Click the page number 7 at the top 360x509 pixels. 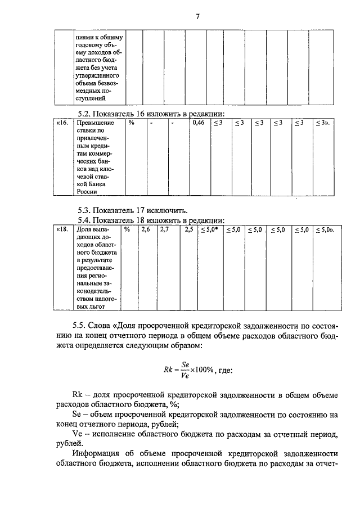pos(197,16)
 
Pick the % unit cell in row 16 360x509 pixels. pos(130,123)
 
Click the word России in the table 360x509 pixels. pos(87,191)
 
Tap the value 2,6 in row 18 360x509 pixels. pos(145,229)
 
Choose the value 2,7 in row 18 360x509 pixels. pos(164,229)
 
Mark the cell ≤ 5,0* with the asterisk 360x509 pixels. pos(210,229)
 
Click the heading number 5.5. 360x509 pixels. pos(79,325)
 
